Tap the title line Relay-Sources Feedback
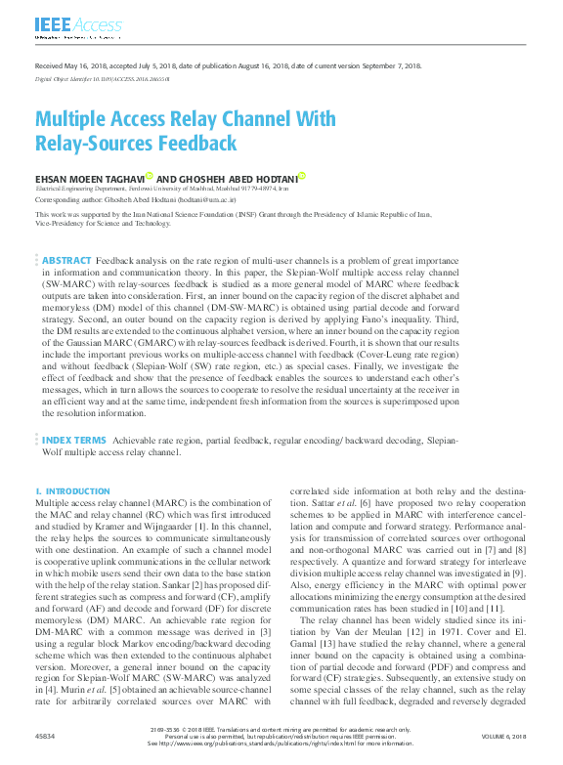136,144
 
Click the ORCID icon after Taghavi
150,176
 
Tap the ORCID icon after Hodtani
302,176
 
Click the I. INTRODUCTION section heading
72,491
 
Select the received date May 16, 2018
77,65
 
